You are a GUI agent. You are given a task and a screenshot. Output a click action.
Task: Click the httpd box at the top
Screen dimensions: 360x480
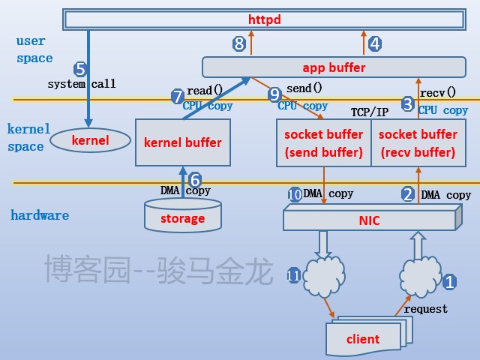pyautogui.click(x=263, y=19)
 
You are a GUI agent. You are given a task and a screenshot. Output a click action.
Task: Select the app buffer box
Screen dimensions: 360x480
pyautogui.click(x=334, y=67)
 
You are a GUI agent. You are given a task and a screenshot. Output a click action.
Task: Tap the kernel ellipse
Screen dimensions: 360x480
pyautogui.click(x=90, y=140)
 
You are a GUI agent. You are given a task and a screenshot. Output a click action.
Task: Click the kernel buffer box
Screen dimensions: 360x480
pyautogui.click(x=182, y=142)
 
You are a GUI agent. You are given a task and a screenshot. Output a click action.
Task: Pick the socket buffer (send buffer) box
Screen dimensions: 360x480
pyautogui.click(x=323, y=143)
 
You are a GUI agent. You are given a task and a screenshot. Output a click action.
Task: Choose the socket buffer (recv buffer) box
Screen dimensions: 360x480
pyautogui.click(x=418, y=143)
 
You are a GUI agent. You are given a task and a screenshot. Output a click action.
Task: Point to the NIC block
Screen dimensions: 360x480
pyautogui.click(x=370, y=220)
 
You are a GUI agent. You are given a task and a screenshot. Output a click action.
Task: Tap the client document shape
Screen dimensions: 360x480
pyautogui.click(x=364, y=339)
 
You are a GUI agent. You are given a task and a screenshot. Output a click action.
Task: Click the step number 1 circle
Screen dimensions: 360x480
pyautogui.click(x=449, y=282)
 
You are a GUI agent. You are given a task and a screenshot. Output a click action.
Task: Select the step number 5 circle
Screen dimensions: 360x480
pyautogui.click(x=81, y=69)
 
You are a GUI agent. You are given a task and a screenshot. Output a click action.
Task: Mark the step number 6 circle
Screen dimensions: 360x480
pyautogui.click(x=194, y=180)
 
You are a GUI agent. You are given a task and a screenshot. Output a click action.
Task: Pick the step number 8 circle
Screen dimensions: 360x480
pyautogui.click(x=239, y=43)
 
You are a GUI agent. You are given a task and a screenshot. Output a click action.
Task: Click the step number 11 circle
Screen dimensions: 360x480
pyautogui.click(x=293, y=275)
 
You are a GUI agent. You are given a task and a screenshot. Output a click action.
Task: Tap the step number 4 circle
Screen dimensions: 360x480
pyautogui.click(x=375, y=43)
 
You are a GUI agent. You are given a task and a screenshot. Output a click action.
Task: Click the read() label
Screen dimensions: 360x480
pyautogui.click(x=204, y=90)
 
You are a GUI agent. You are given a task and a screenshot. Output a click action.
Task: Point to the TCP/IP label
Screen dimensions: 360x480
pyautogui.click(x=370, y=112)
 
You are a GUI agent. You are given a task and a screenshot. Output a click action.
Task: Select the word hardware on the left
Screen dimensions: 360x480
pyautogui.click(x=40, y=215)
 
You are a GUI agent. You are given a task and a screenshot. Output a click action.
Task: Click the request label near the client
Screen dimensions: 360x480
pyautogui.click(x=426, y=308)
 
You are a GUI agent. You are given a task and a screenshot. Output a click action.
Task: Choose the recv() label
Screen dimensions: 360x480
pyautogui.click(x=437, y=93)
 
